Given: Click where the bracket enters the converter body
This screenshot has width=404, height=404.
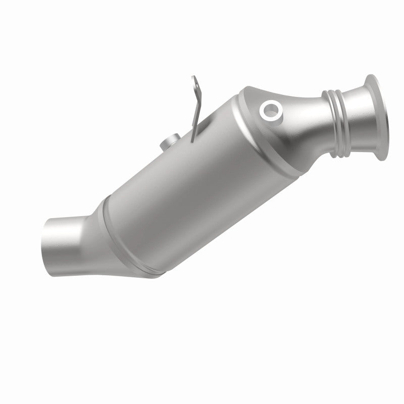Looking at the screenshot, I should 193,137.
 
